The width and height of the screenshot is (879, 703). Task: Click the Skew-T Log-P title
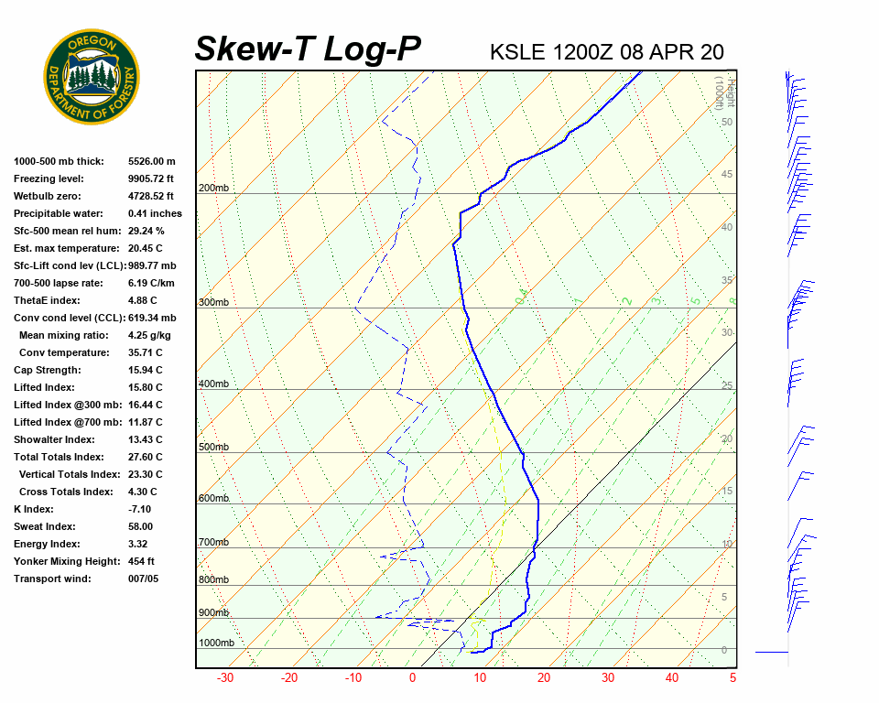(308, 49)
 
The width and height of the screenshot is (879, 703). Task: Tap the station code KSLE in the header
(518, 52)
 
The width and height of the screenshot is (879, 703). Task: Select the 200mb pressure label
(213, 189)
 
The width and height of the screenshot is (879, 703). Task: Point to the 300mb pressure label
(213, 302)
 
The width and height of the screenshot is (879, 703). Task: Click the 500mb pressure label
(213, 447)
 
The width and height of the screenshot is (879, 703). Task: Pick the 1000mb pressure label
(216, 643)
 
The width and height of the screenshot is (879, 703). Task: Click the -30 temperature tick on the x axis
(224, 678)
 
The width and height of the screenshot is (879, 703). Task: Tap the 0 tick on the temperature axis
(412, 678)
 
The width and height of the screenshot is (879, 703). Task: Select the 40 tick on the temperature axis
(672, 678)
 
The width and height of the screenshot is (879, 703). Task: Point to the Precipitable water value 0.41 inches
(155, 213)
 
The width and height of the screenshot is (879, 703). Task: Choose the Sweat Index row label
(44, 526)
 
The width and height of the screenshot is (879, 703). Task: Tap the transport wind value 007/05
(144, 579)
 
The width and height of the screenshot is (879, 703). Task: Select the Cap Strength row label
(47, 370)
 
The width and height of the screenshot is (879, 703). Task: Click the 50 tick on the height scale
(726, 122)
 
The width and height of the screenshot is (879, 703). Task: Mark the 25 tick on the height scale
(726, 385)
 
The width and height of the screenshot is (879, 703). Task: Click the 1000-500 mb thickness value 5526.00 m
(152, 161)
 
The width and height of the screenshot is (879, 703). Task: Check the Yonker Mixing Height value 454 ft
(141, 561)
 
